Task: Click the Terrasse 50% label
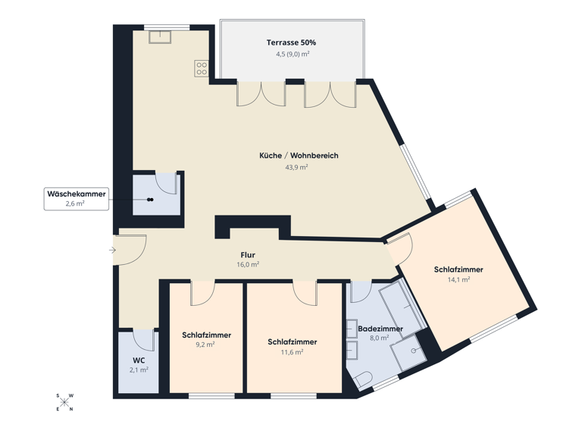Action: click(x=291, y=42)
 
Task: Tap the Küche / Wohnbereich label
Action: click(x=299, y=156)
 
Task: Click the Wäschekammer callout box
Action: click(x=76, y=199)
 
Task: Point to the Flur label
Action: click(x=248, y=255)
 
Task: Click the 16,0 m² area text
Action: click(x=248, y=265)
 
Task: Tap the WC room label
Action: click(x=138, y=360)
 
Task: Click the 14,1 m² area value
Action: click(x=458, y=279)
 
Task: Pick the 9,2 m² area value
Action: click(x=206, y=345)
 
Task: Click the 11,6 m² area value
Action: click(x=292, y=352)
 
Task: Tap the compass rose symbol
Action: click(x=65, y=402)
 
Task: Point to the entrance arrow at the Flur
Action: click(x=112, y=250)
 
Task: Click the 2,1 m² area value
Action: click(x=138, y=370)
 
